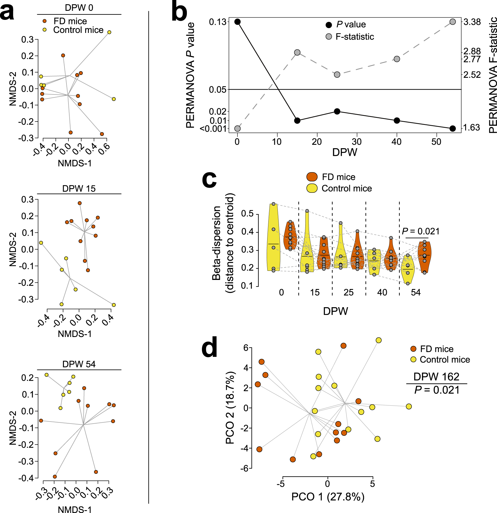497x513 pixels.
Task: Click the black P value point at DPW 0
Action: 237,22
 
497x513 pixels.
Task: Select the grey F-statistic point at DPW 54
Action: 453,22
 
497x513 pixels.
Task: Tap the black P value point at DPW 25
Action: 337,111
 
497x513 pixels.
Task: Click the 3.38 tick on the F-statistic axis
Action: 472,22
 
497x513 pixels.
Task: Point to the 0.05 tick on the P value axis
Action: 218,90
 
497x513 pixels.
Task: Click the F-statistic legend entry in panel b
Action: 354,37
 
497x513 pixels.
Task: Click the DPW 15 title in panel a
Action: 79,189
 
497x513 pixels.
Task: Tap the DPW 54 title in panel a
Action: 79,364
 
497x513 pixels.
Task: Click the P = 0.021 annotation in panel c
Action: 421,231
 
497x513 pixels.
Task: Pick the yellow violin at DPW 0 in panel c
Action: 273,238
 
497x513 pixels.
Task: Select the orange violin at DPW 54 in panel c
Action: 425,257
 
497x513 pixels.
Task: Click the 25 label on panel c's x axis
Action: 348,292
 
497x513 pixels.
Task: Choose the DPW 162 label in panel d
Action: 436,377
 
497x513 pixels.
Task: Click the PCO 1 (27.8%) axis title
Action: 328,497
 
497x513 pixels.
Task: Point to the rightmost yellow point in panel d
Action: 409,407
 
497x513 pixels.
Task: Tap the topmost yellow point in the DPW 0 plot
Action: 109,32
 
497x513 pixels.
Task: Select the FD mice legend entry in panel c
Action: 338,177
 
